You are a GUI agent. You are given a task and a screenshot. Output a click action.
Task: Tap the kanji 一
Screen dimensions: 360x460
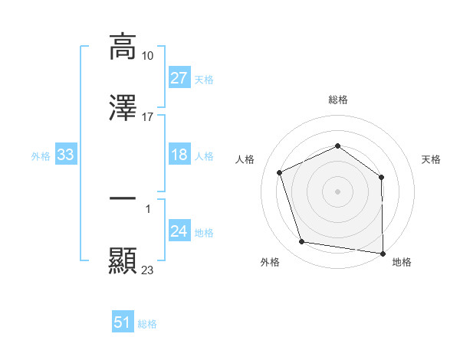tap(123, 198)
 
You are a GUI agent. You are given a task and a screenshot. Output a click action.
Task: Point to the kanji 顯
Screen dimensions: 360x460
tap(123, 260)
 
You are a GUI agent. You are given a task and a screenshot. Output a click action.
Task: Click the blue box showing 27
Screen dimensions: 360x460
tap(179, 78)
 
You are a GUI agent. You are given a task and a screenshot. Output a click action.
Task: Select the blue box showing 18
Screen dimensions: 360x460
tap(179, 155)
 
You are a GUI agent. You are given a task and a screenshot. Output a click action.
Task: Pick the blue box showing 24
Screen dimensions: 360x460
tap(179, 231)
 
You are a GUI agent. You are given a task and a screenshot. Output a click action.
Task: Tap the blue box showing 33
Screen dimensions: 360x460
tap(65, 155)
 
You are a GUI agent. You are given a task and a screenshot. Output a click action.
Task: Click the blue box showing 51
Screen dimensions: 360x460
tap(123, 322)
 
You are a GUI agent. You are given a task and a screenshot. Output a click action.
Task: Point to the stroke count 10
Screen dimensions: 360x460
tap(148, 56)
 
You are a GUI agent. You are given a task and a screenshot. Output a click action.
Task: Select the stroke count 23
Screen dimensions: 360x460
tap(148, 270)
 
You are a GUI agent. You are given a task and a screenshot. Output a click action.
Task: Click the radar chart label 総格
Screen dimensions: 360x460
tap(338, 100)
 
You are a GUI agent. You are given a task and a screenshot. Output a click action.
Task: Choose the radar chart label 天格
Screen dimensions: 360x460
tap(432, 159)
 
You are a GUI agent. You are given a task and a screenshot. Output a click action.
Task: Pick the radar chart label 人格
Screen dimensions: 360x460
tap(245, 159)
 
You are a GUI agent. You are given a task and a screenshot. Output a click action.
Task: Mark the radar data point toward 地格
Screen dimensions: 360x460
tap(383, 253)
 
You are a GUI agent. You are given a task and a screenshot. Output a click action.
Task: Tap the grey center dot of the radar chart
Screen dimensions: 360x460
tap(338, 191)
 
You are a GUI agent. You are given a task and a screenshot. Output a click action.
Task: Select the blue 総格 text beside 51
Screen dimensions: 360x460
tap(147, 324)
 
